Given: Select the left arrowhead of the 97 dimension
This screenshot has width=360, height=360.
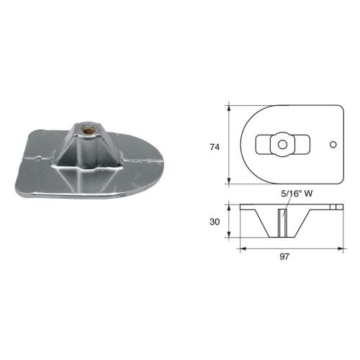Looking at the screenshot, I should pyautogui.click(x=240, y=248).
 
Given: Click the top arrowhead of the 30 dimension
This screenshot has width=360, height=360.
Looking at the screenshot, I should pyautogui.click(x=229, y=206).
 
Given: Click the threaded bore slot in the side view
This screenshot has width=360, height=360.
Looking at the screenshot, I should pyautogui.click(x=281, y=222).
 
